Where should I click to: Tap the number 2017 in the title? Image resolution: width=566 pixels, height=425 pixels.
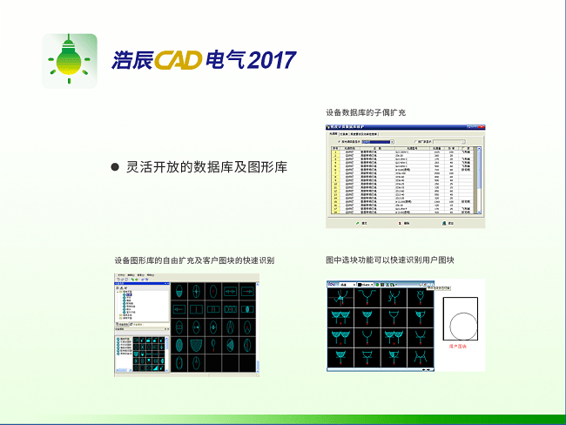point(271,60)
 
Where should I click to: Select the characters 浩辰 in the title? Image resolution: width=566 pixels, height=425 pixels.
point(132,60)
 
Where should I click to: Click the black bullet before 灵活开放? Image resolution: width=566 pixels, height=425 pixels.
point(114,166)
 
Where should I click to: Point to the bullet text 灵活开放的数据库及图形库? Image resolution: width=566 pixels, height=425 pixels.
point(206,166)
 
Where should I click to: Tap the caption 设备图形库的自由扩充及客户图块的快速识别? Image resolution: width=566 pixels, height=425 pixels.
point(194,260)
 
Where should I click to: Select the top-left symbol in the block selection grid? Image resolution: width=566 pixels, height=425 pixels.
point(337,296)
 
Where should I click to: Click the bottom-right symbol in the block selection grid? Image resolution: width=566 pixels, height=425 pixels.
point(421,358)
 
